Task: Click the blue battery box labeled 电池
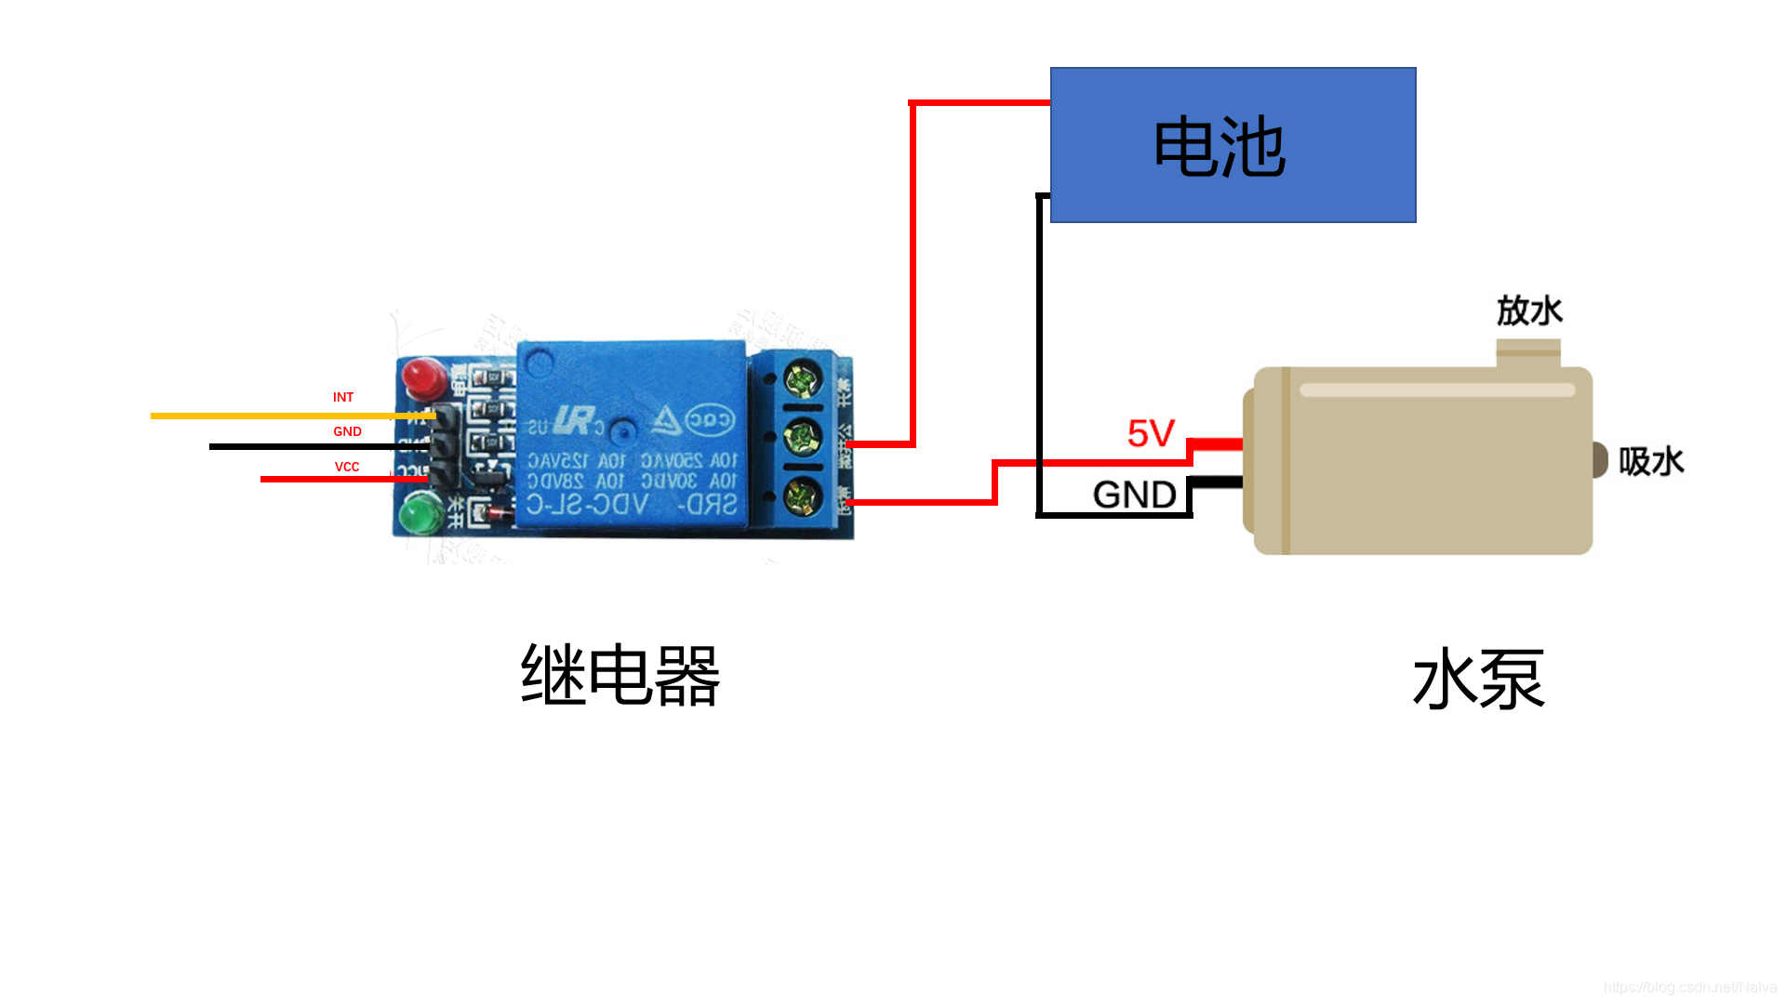point(1233,145)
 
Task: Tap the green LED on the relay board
point(420,512)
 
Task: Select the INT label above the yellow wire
point(343,397)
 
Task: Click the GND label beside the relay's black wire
point(347,431)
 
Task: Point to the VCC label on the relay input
point(347,467)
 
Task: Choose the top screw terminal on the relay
point(801,379)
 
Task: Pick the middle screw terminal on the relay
point(801,437)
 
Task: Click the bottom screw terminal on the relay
point(801,496)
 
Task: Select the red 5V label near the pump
point(1151,433)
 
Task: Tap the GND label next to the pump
point(1134,495)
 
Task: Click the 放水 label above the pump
point(1529,310)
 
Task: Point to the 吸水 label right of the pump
point(1651,461)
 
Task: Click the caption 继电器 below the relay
point(620,675)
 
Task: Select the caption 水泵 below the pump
point(1479,680)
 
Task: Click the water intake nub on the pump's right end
point(1600,460)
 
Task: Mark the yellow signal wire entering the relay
point(279,416)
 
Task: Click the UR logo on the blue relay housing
point(573,421)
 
